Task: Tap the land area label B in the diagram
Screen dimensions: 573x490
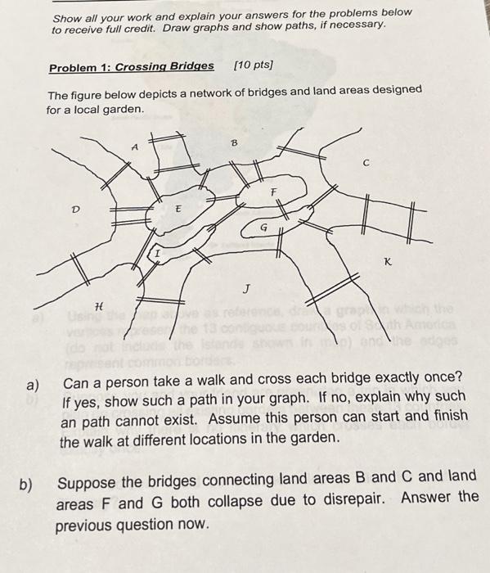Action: (233, 142)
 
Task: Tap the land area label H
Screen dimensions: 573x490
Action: (99, 305)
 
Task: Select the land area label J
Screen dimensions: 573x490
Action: (245, 288)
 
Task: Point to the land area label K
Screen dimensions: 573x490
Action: (386, 261)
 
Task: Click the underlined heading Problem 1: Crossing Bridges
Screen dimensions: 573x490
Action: (131, 66)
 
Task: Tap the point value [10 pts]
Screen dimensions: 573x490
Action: (254, 65)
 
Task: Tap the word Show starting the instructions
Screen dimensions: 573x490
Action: (68, 16)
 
